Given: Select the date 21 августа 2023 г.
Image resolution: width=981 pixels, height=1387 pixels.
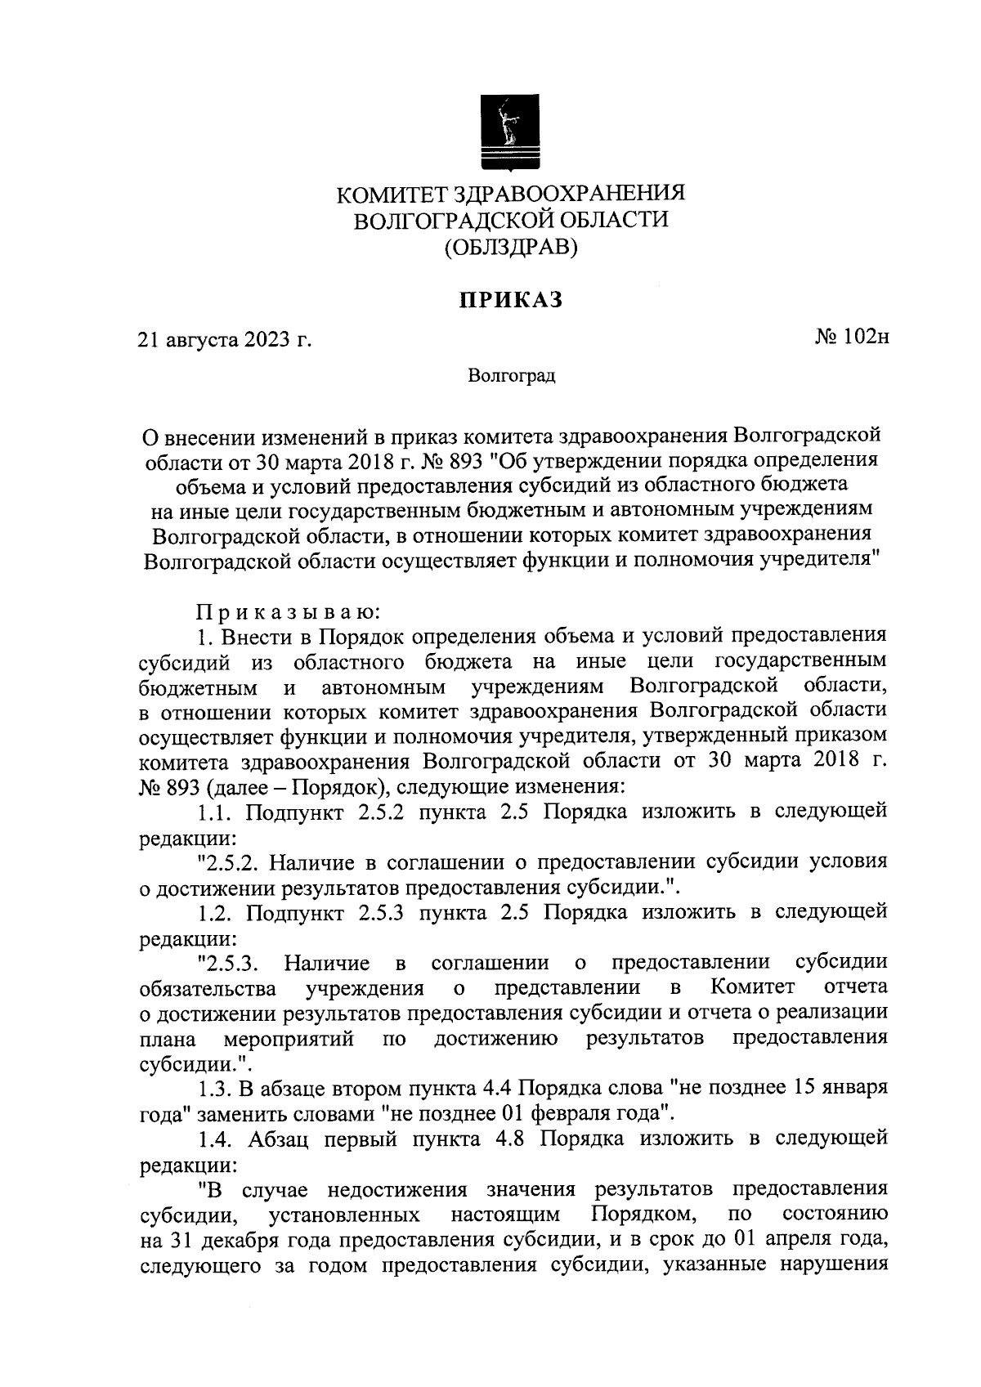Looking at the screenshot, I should coord(226,339).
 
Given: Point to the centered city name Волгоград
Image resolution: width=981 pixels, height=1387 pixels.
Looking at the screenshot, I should coord(512,376).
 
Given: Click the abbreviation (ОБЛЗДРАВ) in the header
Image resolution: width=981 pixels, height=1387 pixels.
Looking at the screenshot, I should coord(511,246).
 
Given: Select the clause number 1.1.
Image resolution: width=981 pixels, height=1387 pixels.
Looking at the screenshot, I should coord(216,812).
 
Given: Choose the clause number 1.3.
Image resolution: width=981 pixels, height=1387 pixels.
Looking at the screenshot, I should coord(216,1089).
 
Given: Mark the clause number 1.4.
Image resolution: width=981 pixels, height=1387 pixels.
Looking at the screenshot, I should coord(216,1139).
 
